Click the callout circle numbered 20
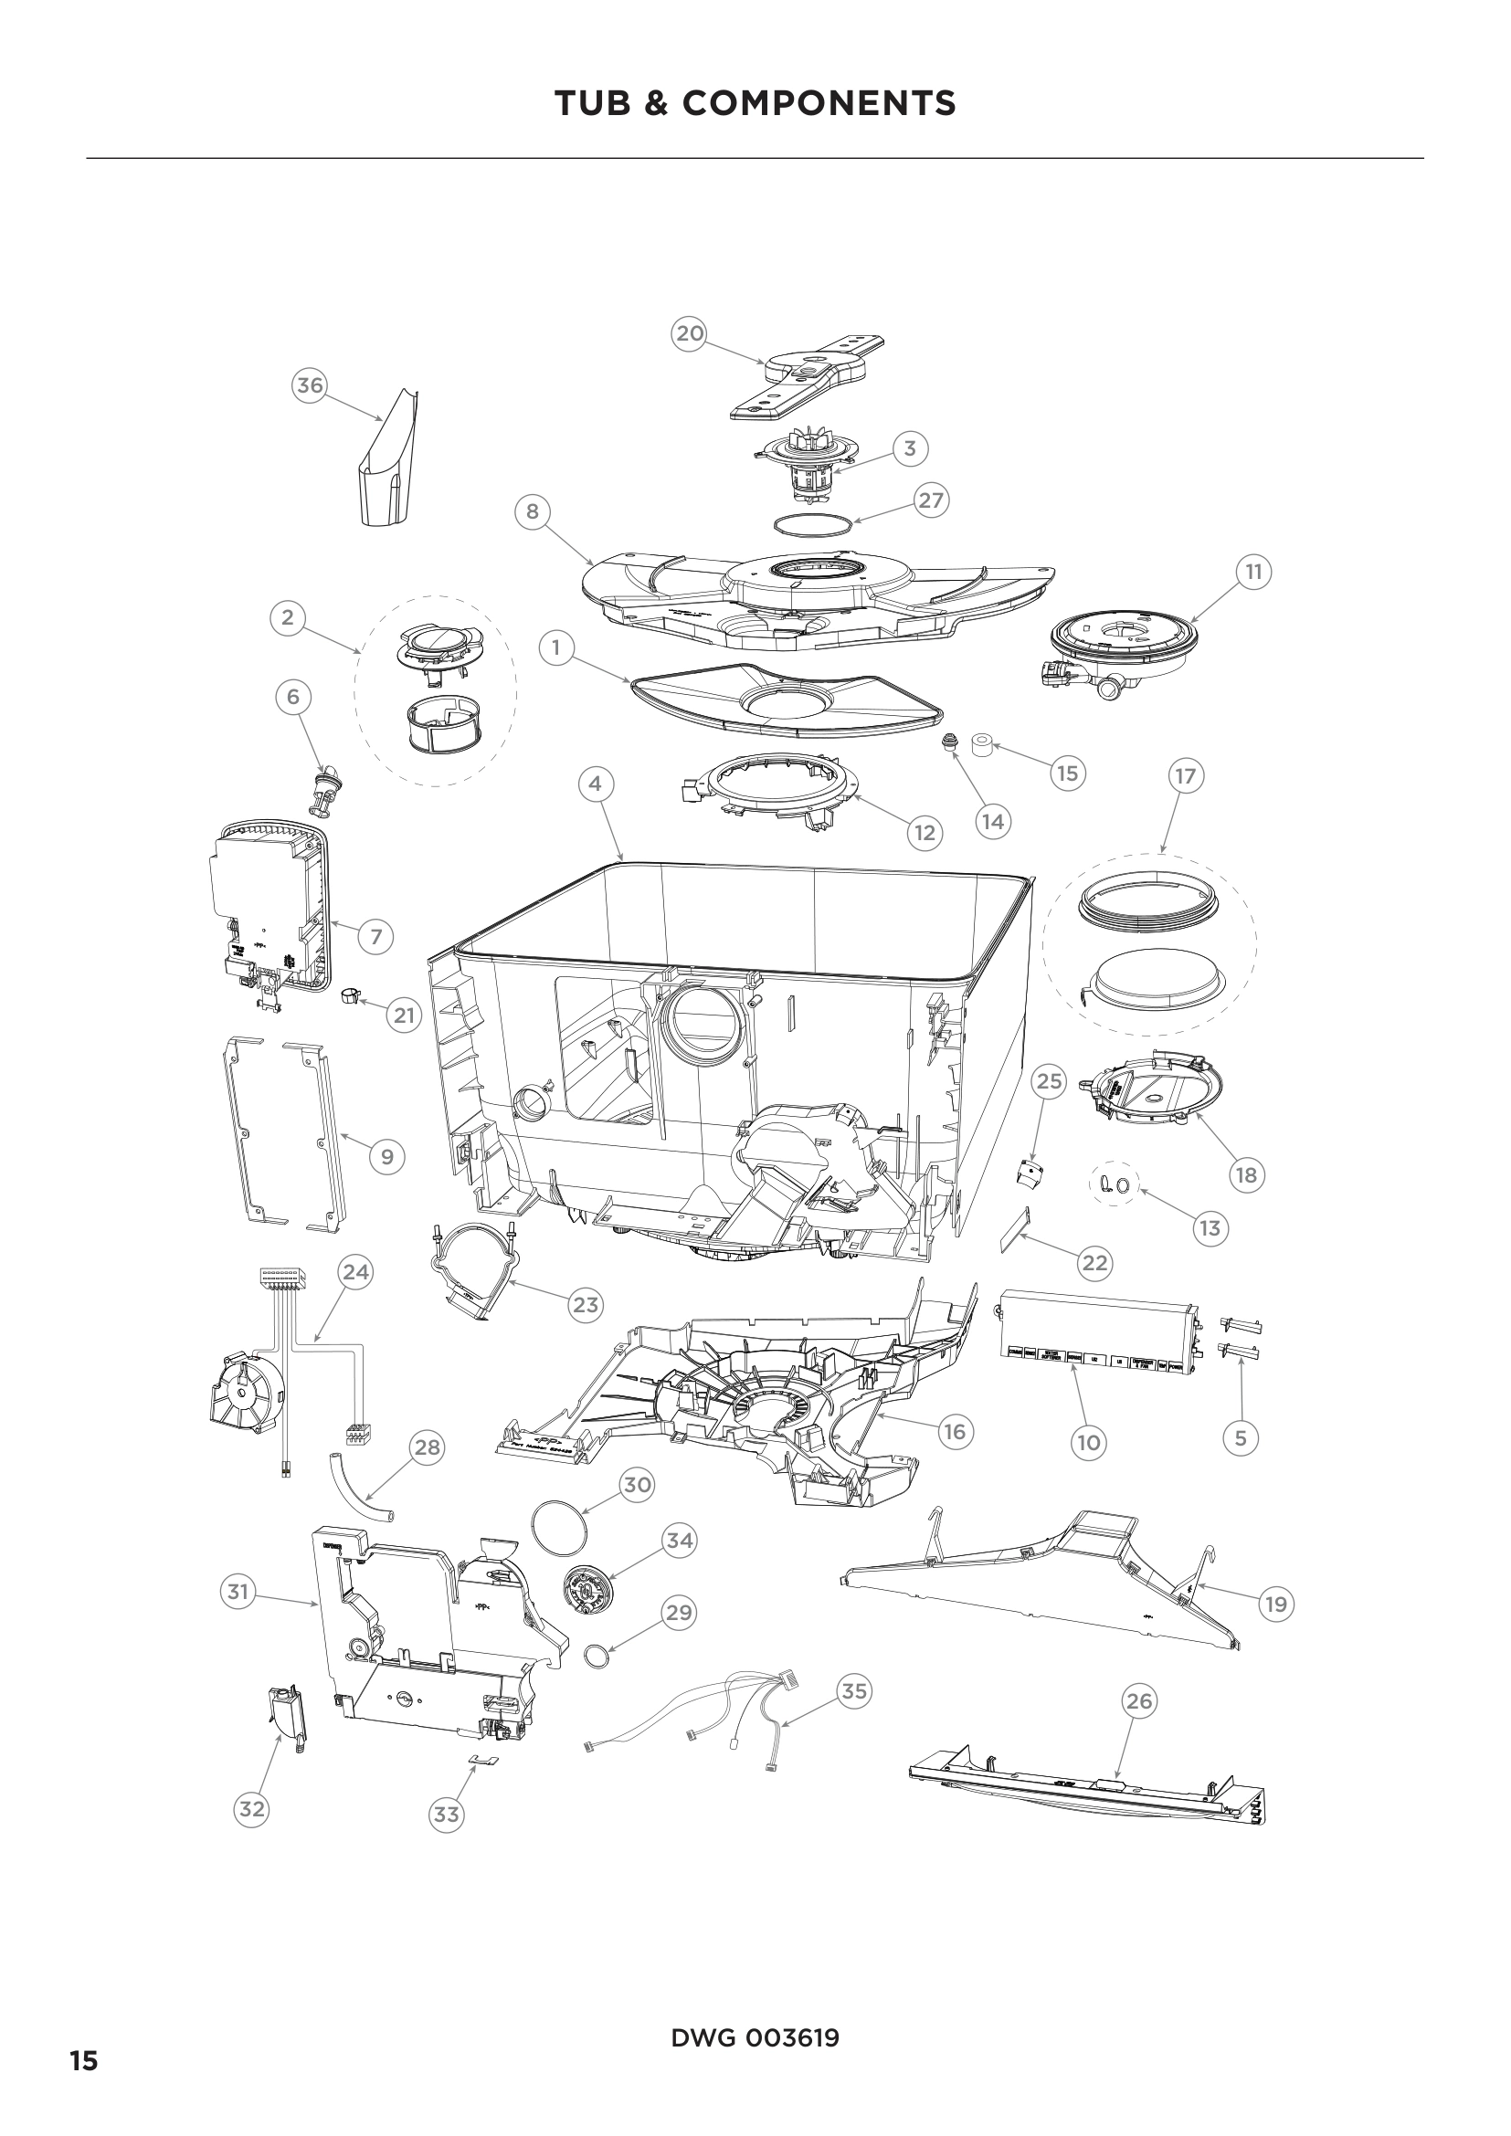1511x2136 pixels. pos(690,333)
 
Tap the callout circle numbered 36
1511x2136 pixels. pos(310,385)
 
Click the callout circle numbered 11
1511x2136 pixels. pos(1253,571)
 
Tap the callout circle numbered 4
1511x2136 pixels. pos(596,784)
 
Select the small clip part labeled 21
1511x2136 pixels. pos(352,997)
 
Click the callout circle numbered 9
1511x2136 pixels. pos(387,1157)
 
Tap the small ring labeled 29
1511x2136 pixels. pos(596,1656)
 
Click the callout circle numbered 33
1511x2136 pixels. pos(447,1815)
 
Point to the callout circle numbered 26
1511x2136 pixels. pos(1139,1700)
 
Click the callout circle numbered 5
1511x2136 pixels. pos(1241,1438)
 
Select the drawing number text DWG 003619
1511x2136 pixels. pos(755,2038)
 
